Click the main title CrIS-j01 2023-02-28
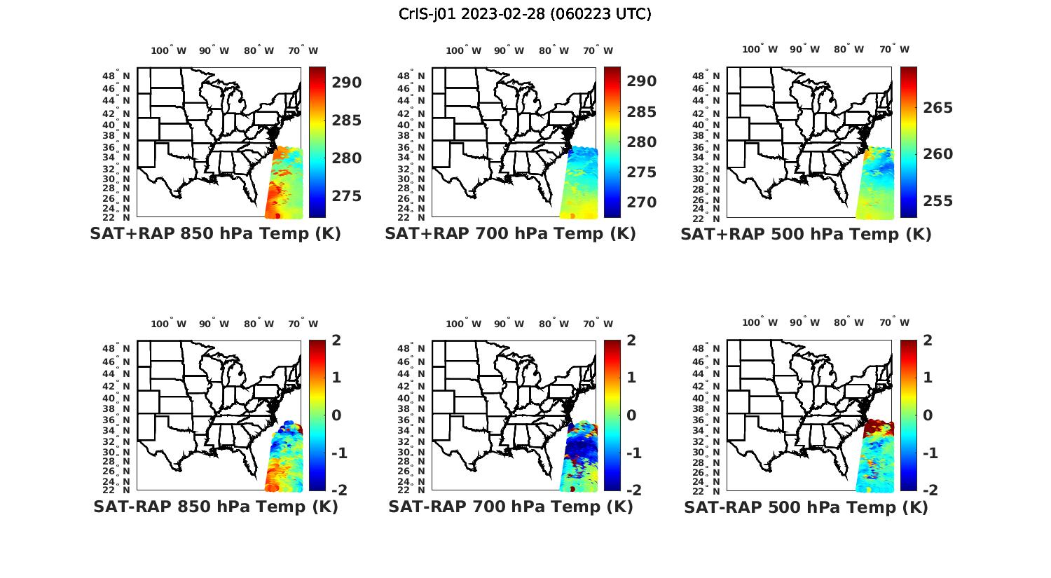click(x=525, y=14)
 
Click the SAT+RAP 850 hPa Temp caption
click(x=215, y=234)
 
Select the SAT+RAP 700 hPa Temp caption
click(x=510, y=234)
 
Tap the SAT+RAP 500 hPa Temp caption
click(x=806, y=235)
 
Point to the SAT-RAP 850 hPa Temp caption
click(x=215, y=507)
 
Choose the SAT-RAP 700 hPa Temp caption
click(x=510, y=507)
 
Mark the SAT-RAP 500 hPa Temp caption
click(x=806, y=507)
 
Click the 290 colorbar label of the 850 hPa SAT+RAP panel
click(x=347, y=83)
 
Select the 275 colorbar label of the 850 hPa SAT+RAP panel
click(x=347, y=196)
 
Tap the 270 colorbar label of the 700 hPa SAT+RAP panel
click(x=642, y=202)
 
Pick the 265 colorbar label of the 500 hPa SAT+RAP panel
click(x=937, y=108)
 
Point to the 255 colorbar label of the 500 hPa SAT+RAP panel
click(x=937, y=201)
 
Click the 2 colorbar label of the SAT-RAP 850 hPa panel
click(x=336, y=341)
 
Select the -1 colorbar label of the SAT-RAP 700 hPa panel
click(x=633, y=453)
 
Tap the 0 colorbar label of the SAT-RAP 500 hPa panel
click(x=928, y=415)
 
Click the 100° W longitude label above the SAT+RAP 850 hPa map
click(x=169, y=50)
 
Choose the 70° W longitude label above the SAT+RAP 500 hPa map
click(x=894, y=49)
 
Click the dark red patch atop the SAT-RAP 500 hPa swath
click(x=879, y=427)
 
